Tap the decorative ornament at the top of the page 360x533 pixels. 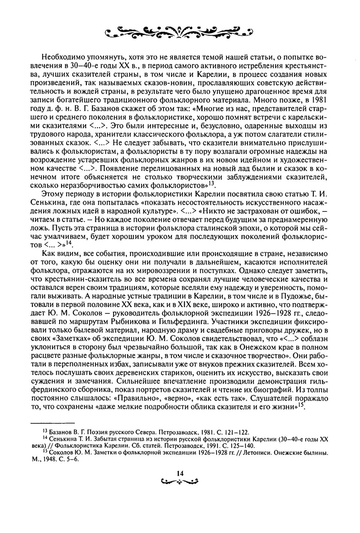tap(180, 32)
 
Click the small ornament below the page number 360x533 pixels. tap(180, 481)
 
